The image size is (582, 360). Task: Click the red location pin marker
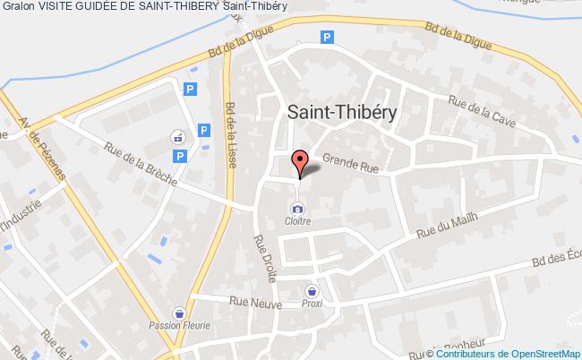(299, 162)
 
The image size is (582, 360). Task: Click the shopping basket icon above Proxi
(312, 290)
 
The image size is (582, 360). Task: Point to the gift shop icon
(177, 137)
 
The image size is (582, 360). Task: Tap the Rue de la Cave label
(484, 116)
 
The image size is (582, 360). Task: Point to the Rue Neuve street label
(251, 301)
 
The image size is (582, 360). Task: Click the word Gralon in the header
(18, 7)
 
